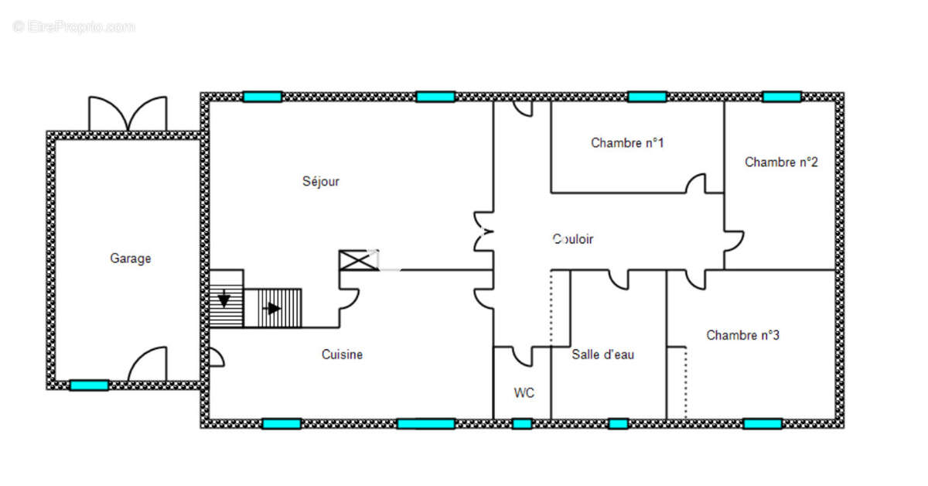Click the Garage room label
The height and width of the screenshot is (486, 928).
point(131,258)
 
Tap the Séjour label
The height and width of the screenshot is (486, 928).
point(321,181)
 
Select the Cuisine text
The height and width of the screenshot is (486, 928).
point(342,354)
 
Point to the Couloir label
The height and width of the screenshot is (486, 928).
point(573,239)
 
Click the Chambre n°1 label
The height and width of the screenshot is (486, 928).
point(627,142)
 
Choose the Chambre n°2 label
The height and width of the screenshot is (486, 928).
point(781,162)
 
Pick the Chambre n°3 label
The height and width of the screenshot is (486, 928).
point(743,335)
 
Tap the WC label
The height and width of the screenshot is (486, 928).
point(524,392)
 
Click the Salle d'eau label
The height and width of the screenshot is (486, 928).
point(602,354)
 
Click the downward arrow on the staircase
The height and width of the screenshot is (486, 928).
point(224,299)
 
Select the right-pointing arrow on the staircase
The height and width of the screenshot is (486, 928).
point(271,309)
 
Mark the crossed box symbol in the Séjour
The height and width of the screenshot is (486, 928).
point(359,261)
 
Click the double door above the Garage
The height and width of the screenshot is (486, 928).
point(128,114)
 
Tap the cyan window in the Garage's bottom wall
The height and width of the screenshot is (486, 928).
point(89,385)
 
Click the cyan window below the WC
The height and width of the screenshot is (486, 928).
point(522,424)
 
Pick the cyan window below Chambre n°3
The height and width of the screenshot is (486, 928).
point(763,424)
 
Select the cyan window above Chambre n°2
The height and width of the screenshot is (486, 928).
point(782,97)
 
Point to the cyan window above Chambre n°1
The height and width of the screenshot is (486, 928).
point(647,97)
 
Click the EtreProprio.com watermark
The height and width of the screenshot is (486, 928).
point(73,27)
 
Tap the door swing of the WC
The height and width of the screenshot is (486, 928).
point(522,357)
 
